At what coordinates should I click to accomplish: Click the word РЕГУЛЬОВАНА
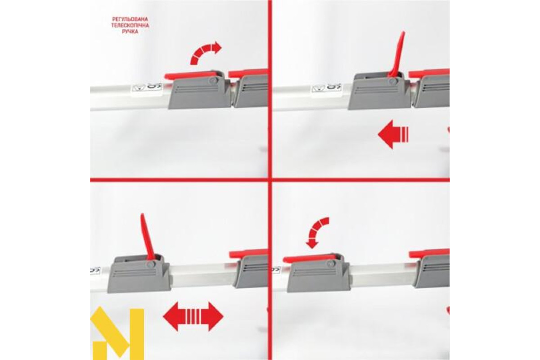click(x=130, y=19)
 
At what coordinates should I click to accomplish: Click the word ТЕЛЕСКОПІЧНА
click(x=130, y=25)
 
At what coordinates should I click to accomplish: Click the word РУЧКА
click(x=130, y=31)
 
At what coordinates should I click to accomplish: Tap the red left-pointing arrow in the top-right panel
click(x=393, y=134)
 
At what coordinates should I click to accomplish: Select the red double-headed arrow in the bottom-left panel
click(x=193, y=316)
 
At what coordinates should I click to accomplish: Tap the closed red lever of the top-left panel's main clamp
click(x=190, y=75)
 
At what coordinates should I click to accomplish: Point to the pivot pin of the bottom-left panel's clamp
click(x=151, y=265)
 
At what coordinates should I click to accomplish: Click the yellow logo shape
click(x=117, y=334)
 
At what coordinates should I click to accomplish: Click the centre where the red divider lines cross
click(x=270, y=180)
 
